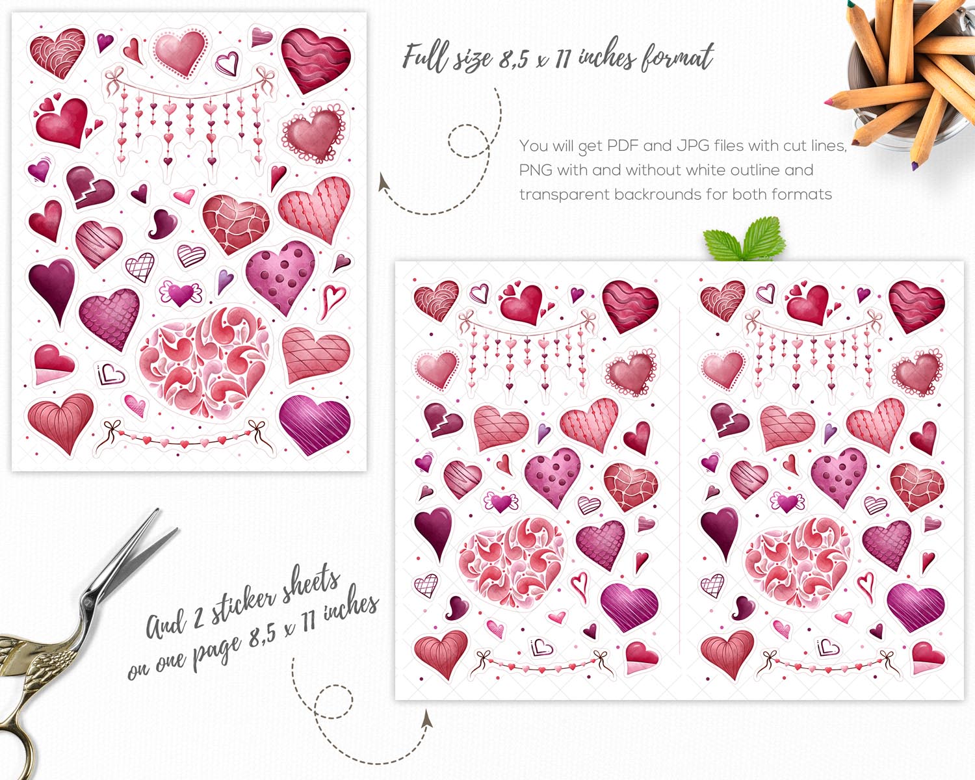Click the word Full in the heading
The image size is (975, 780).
[426, 58]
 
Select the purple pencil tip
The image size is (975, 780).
[915, 166]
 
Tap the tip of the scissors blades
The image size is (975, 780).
[158, 510]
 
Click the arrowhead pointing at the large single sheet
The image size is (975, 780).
[383, 182]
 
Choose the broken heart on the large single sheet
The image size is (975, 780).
[90, 187]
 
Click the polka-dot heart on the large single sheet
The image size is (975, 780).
[281, 276]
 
